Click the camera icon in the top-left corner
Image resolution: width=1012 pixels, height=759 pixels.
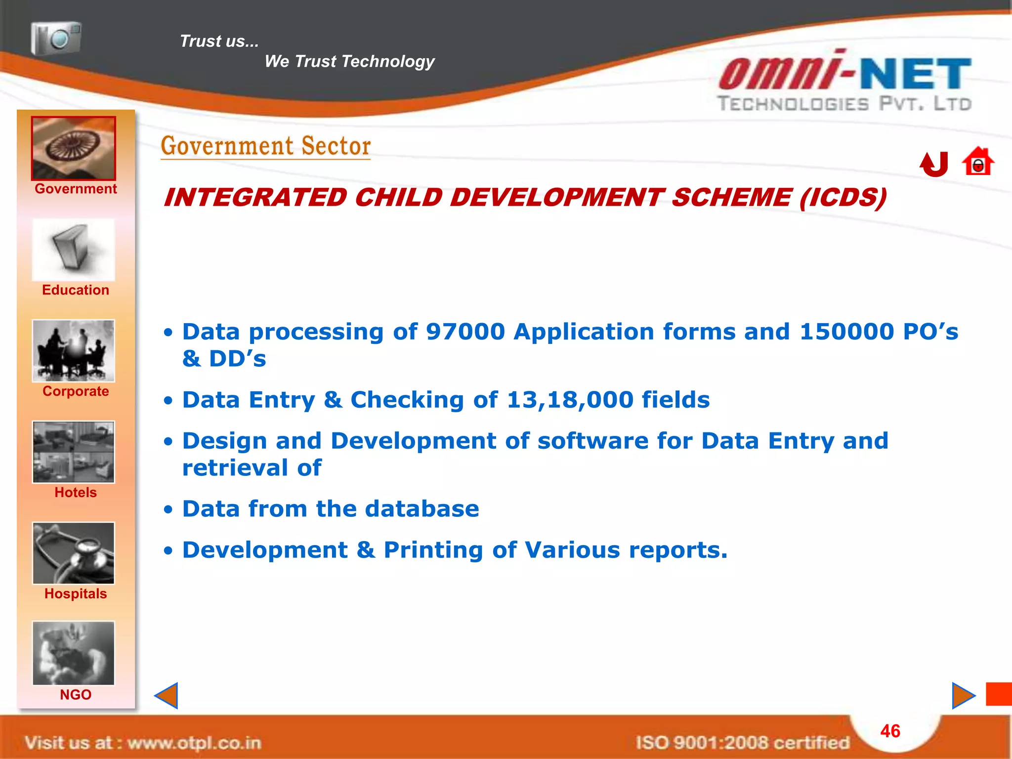(56, 38)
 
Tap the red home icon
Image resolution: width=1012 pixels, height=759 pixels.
(977, 162)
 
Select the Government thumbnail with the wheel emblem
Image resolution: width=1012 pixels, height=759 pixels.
(74, 148)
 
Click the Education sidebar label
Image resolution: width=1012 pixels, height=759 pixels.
(76, 290)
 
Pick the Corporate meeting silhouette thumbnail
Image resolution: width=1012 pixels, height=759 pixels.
(74, 351)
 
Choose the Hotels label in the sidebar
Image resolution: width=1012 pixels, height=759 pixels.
(76, 493)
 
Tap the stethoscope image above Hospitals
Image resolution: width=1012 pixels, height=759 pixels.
(74, 553)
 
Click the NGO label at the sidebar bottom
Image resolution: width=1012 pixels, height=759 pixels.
(76, 695)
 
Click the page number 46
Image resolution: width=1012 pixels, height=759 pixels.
(890, 731)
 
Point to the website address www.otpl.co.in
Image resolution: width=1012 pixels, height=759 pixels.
(194, 743)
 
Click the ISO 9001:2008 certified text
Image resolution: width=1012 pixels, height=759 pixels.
(742, 743)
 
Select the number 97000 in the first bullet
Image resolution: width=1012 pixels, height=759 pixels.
(465, 332)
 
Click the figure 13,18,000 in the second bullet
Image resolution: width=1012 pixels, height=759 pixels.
(570, 400)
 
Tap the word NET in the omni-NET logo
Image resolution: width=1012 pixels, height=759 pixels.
(915, 74)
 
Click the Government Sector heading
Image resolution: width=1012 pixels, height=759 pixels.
(266, 146)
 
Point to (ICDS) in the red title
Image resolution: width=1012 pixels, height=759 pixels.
(843, 198)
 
